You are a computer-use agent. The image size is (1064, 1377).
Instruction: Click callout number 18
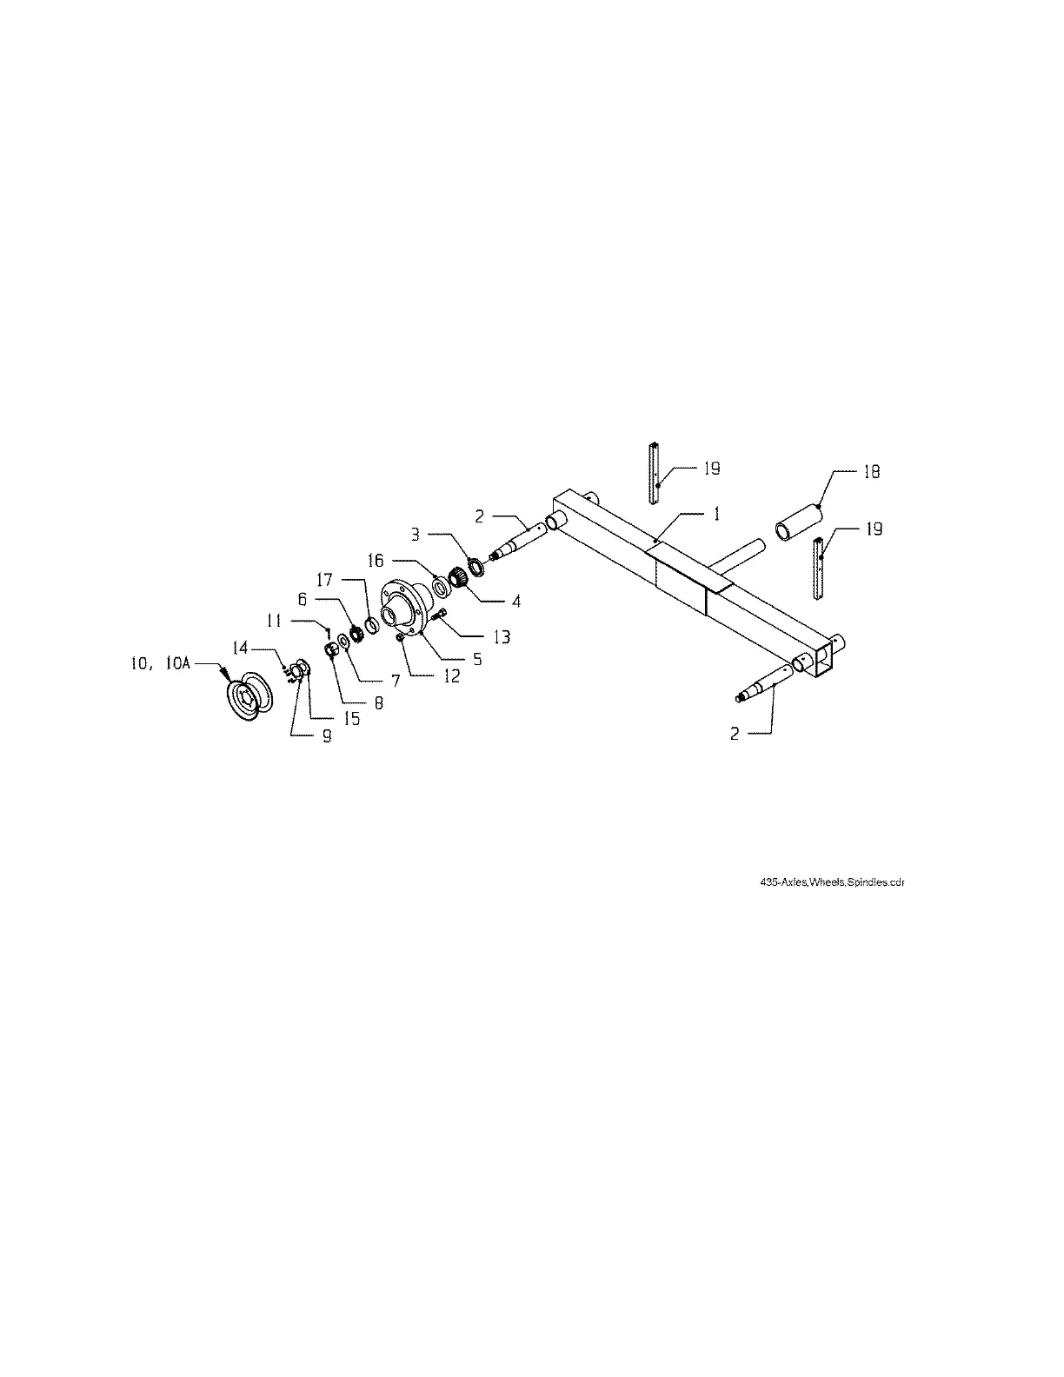pyautogui.click(x=870, y=472)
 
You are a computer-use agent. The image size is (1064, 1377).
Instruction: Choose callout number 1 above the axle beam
pyautogui.click(x=716, y=514)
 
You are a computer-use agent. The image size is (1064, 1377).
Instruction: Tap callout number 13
pyautogui.click(x=502, y=636)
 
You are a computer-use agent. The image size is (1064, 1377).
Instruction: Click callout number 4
pyautogui.click(x=516, y=601)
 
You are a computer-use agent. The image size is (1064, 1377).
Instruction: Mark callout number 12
pyautogui.click(x=452, y=675)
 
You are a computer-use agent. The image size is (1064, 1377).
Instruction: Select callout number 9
pyautogui.click(x=327, y=735)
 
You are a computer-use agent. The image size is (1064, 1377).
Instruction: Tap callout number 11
pyautogui.click(x=275, y=621)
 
